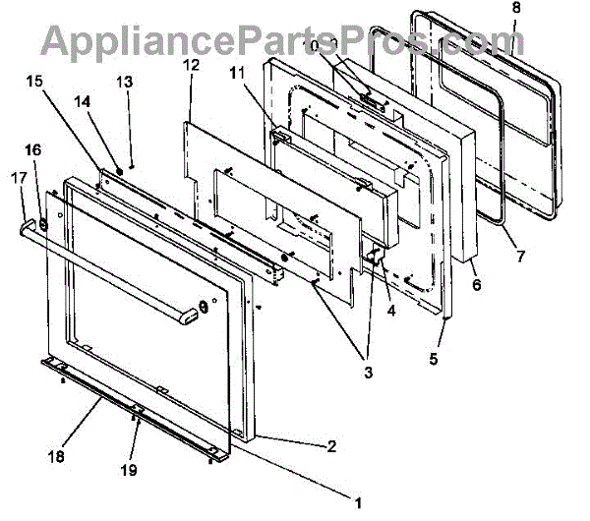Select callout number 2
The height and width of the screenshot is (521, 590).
pyautogui.click(x=332, y=445)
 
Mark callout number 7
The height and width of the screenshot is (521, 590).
pyautogui.click(x=519, y=257)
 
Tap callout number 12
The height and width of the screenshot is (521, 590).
pyautogui.click(x=190, y=65)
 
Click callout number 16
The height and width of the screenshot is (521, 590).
pyautogui.click(x=32, y=150)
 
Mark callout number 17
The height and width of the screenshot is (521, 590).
pyautogui.click(x=17, y=178)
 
